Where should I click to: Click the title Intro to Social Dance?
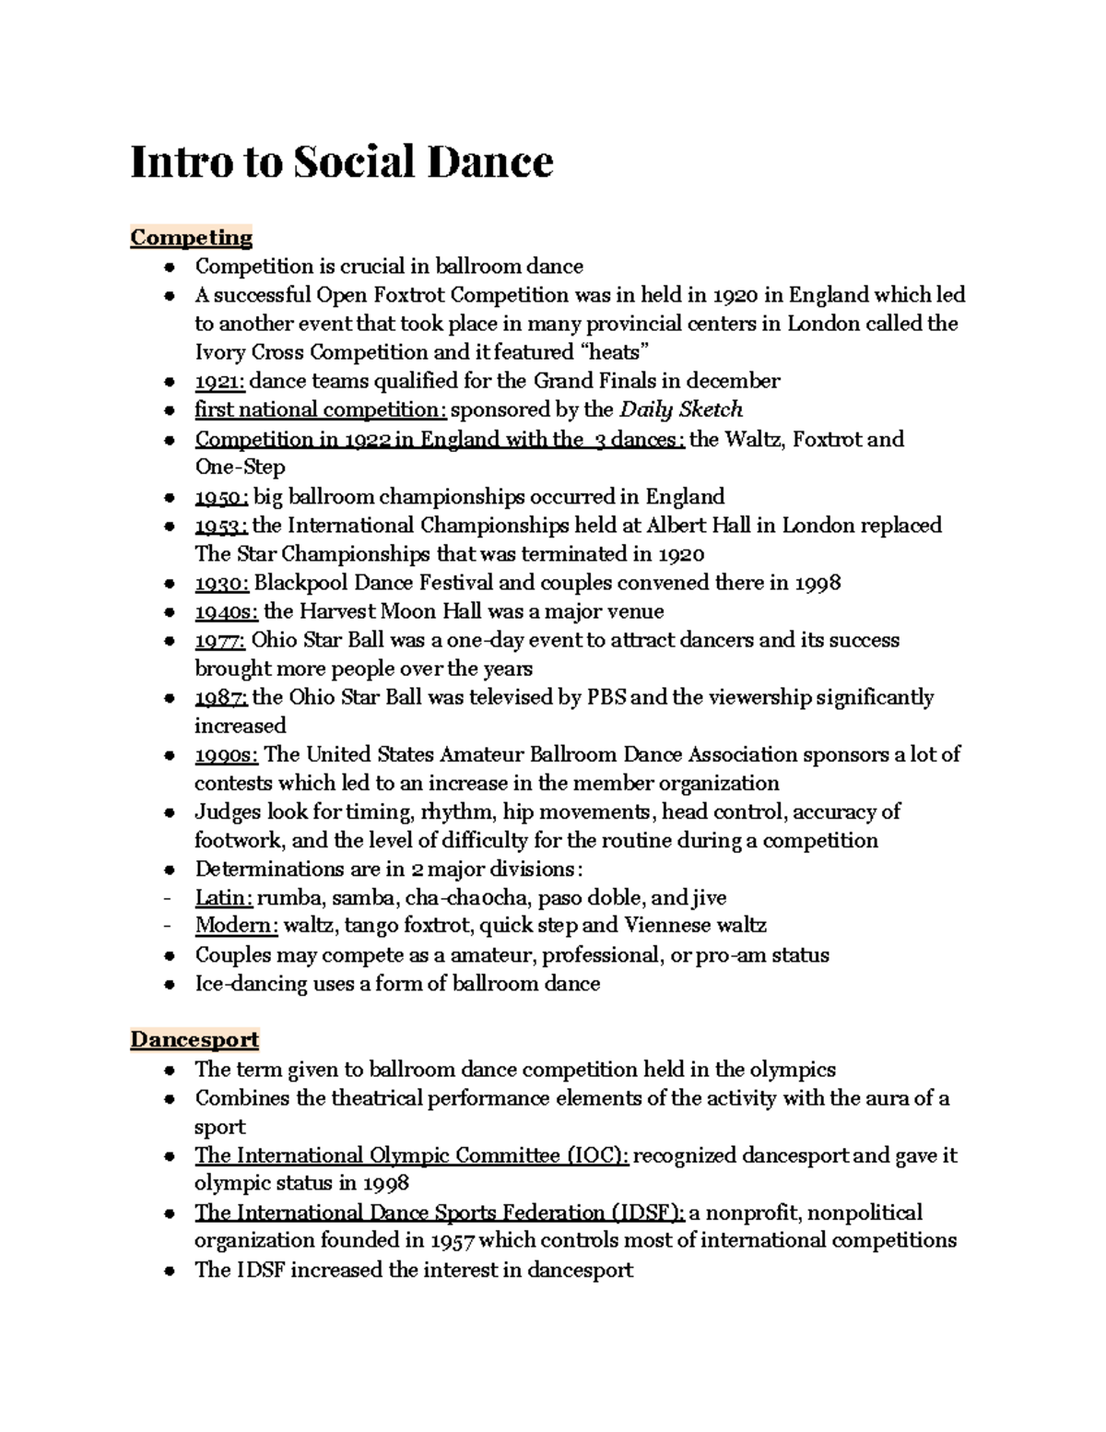342,162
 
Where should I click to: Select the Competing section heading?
191,238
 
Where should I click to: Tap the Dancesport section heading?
194,1040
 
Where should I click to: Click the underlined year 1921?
219,382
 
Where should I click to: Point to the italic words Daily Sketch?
681,410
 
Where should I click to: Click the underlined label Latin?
223,898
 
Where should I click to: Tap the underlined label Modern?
236,926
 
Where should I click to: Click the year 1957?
453,1241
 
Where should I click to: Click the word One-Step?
240,467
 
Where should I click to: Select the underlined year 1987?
220,698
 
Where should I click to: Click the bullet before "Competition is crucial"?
169,268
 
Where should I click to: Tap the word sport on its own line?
219,1128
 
